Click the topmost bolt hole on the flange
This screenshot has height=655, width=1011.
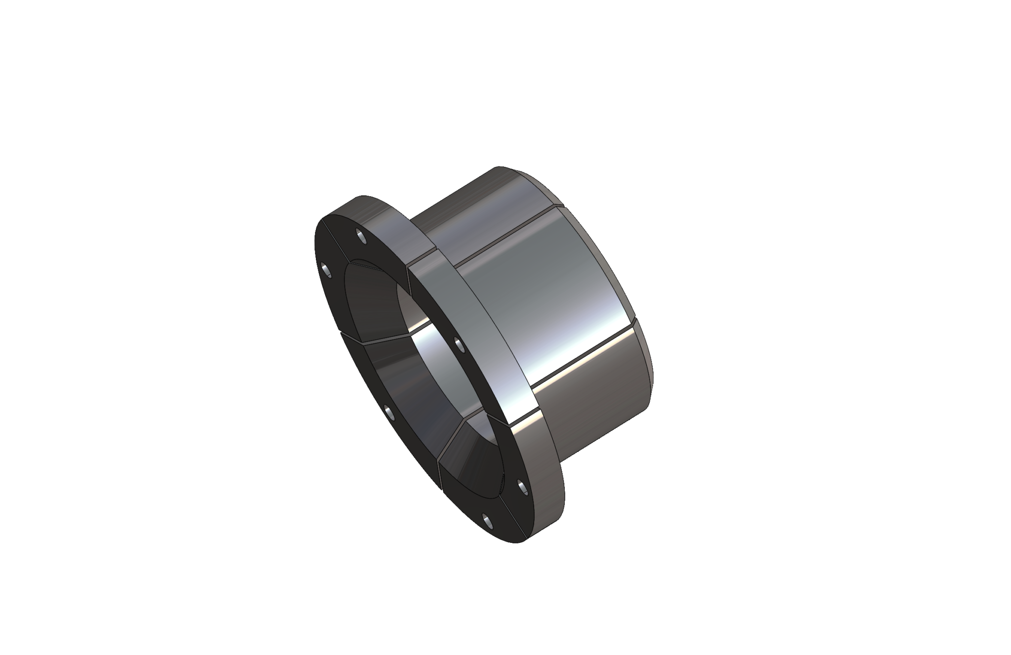coord(362,236)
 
